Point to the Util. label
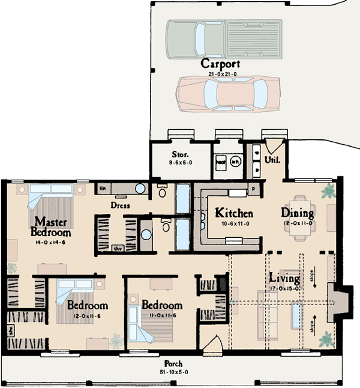click(272, 159)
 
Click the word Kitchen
click(233, 213)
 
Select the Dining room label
click(298, 213)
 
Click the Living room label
click(284, 279)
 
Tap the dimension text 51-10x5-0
click(175, 372)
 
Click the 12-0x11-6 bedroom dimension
click(86, 315)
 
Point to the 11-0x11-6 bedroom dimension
click(162, 315)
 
